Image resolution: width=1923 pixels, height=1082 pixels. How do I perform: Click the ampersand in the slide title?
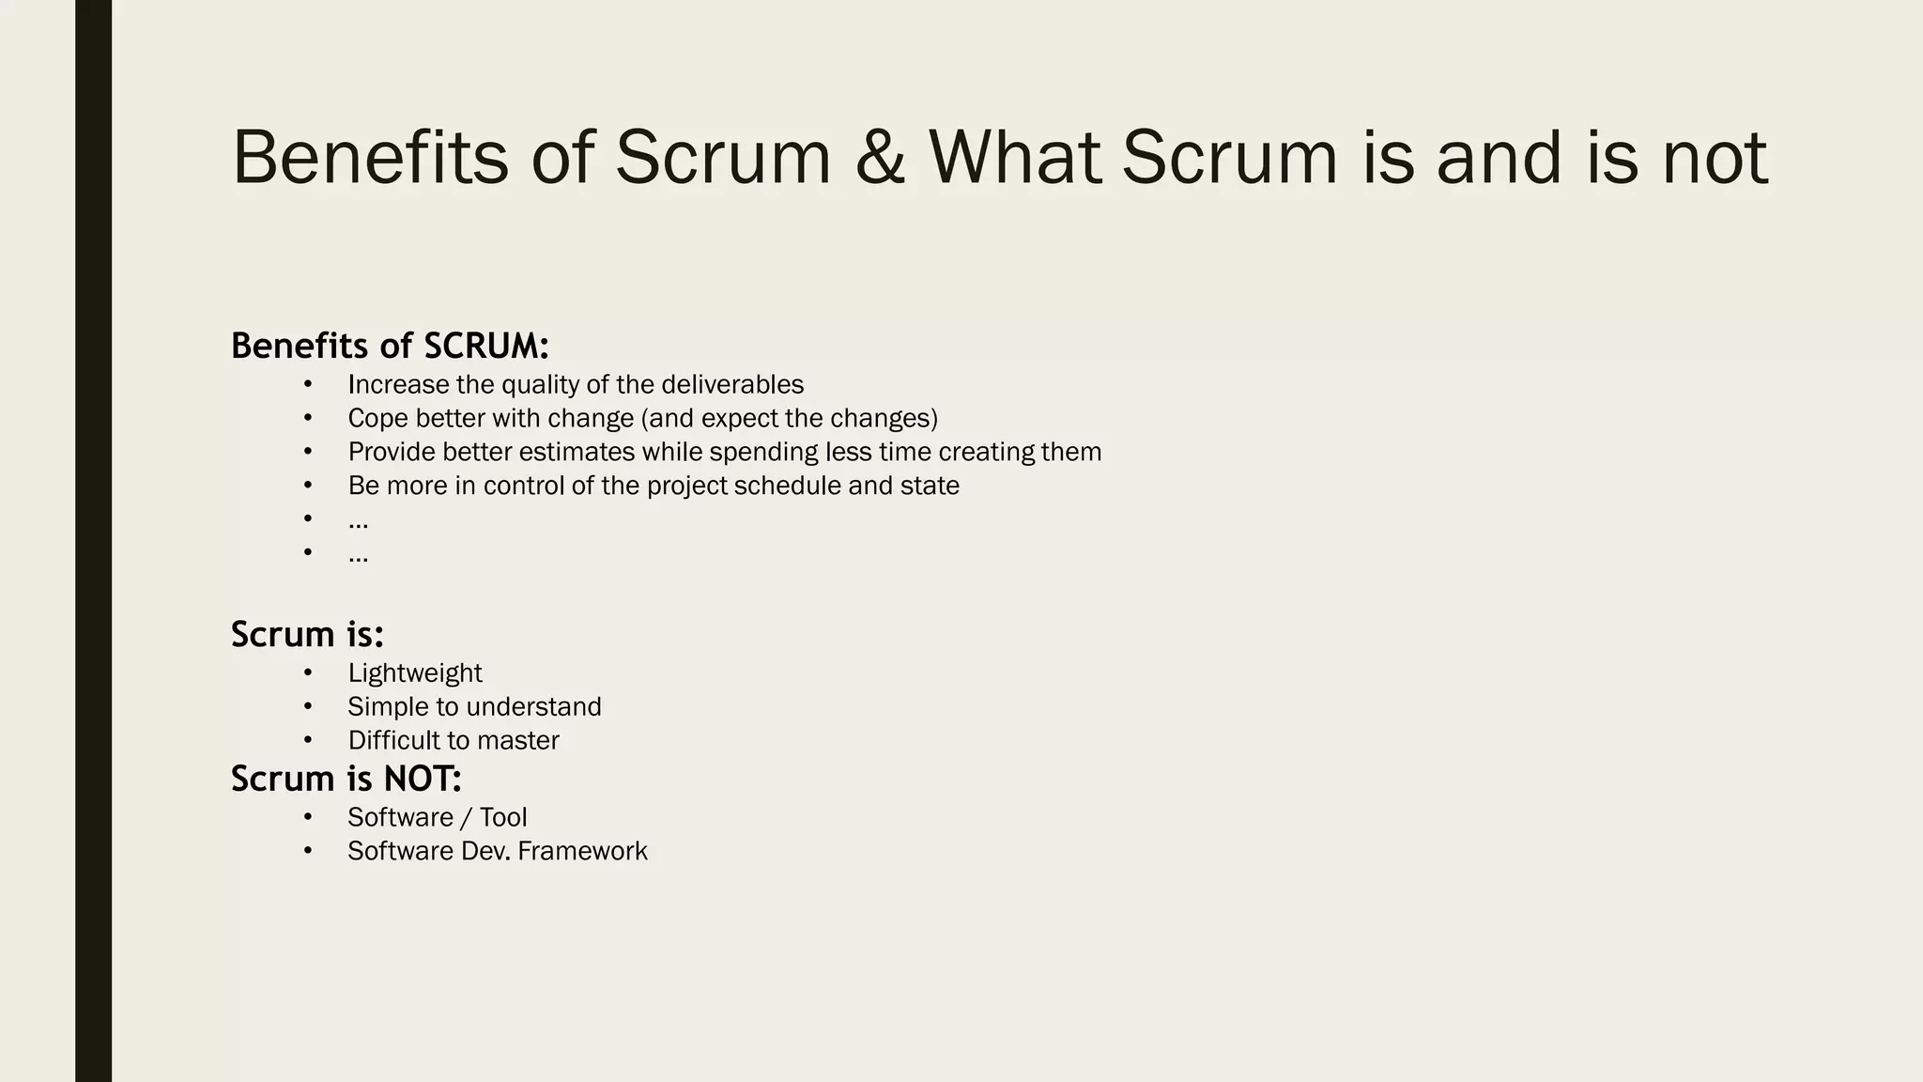click(880, 157)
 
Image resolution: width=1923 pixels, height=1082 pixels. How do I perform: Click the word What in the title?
click(1014, 157)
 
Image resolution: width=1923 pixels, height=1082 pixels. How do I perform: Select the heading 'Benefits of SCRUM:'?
click(390, 346)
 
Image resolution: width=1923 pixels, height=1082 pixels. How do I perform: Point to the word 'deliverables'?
click(732, 385)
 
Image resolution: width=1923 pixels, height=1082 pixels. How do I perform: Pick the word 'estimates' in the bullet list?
click(577, 452)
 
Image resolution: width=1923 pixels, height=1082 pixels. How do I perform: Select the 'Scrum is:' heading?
click(307, 634)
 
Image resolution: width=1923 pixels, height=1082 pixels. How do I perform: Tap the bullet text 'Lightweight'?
click(415, 673)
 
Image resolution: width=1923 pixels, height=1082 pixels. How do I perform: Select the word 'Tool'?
click(503, 817)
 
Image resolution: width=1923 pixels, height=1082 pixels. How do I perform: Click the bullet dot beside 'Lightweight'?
click(307, 672)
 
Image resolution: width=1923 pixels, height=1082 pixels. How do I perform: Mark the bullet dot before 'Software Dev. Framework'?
click(307, 850)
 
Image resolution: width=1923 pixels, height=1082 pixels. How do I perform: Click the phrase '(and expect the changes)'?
click(790, 418)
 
